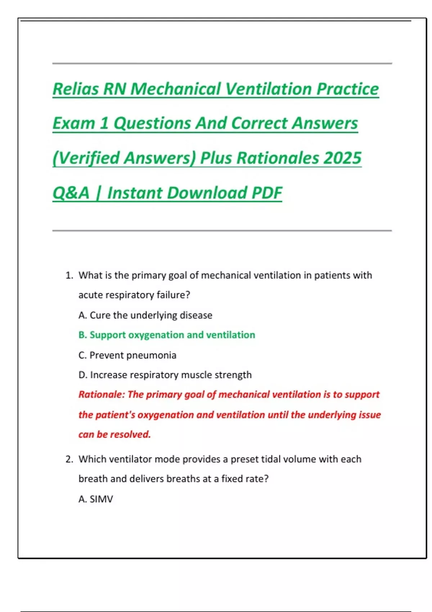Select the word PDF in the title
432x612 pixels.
pos(267,193)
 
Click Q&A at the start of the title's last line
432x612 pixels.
pos(71,193)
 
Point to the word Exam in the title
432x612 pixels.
pos(73,123)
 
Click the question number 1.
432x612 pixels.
pos(69,275)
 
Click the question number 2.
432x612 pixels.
pos(69,459)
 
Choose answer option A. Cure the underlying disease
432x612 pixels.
pos(145,315)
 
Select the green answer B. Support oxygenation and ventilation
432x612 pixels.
pos(167,335)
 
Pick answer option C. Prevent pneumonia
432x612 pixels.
pos(127,355)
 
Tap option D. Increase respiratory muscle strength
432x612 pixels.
pos(165,375)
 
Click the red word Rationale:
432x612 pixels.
pos(102,395)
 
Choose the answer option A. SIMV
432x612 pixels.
pos(96,499)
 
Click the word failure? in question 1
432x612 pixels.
pos(173,295)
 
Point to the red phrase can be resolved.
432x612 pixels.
pos(114,435)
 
